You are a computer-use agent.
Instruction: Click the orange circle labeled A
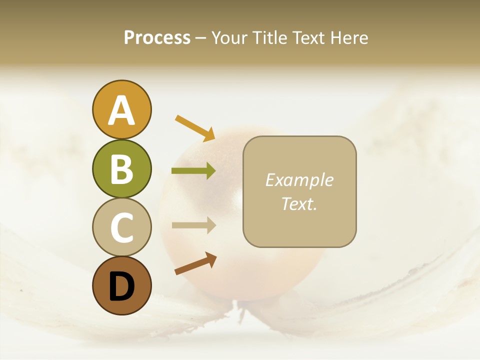point(121,110)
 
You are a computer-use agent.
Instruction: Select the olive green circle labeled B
point(121,168)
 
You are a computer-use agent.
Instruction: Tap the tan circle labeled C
point(121,227)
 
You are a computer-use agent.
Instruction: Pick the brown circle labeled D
point(121,285)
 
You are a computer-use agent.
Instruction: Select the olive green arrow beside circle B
point(193,171)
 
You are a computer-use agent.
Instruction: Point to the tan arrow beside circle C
point(193,225)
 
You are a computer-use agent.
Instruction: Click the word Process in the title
point(157,38)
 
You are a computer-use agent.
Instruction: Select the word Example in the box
point(299,180)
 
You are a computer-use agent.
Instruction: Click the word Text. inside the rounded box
point(299,203)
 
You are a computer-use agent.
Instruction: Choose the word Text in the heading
point(308,38)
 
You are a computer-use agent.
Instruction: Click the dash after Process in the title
point(200,38)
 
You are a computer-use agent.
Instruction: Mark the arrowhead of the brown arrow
point(210,258)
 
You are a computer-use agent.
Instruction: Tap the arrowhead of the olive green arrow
point(209,171)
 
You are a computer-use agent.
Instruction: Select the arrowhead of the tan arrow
point(209,225)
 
